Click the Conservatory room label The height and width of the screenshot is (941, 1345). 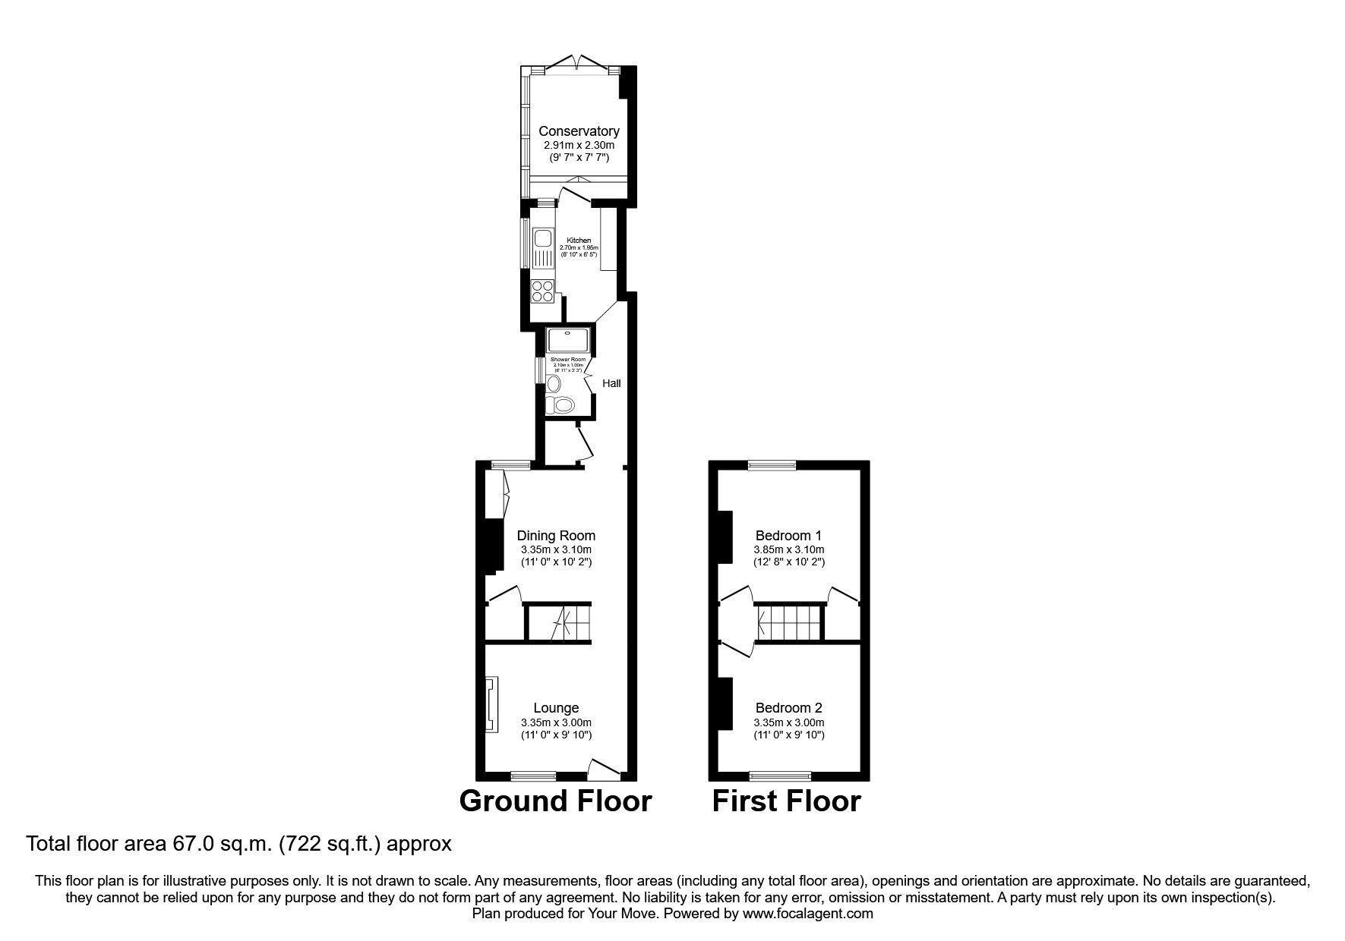pos(579,131)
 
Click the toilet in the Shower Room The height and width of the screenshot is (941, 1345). pos(562,406)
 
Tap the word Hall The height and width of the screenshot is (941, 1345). pos(611,383)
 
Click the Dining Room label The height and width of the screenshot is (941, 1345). pos(556,536)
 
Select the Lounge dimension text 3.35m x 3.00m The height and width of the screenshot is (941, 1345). pos(556,722)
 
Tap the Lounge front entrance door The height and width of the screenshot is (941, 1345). pos(605,769)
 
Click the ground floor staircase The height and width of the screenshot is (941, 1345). pos(560,622)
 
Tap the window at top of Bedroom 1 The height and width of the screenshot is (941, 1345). pos(772,465)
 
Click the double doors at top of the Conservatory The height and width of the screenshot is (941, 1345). pos(579,63)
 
